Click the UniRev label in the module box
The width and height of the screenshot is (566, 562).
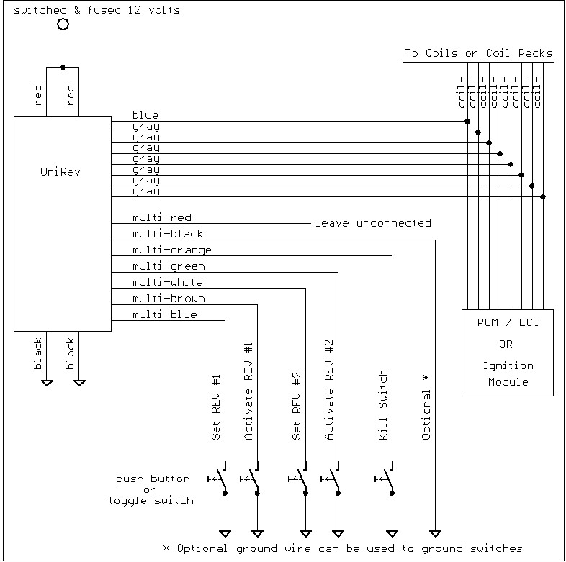point(63,173)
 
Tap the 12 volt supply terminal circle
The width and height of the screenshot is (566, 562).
point(63,24)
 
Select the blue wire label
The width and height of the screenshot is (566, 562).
point(145,115)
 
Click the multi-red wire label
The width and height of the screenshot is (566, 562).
point(162,217)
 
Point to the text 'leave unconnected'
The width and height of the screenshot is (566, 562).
point(372,223)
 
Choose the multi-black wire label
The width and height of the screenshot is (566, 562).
point(168,234)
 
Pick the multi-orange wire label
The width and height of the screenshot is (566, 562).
point(171,250)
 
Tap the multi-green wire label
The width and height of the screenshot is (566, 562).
point(169,266)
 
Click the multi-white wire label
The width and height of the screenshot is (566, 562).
point(168,282)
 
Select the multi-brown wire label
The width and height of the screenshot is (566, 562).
point(169,299)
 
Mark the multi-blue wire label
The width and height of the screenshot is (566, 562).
point(165,314)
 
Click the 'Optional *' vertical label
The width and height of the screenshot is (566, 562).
point(426,407)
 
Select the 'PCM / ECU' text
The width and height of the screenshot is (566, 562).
point(508,322)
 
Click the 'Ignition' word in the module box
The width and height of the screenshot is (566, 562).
point(508,366)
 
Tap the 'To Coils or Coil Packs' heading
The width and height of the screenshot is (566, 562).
point(478,53)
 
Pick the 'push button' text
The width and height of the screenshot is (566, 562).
point(153,479)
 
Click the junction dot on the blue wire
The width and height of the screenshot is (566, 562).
point(467,121)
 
